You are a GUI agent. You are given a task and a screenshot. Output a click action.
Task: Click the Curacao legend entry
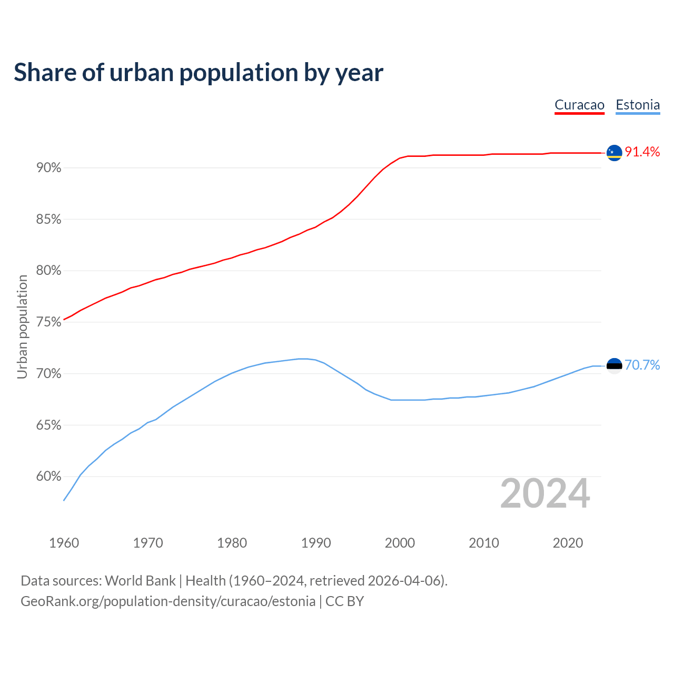[579, 105]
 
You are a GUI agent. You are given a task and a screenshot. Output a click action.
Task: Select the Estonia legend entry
[638, 105]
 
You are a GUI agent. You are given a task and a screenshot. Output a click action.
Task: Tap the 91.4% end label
[642, 152]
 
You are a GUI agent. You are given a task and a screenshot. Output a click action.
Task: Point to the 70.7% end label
[642, 365]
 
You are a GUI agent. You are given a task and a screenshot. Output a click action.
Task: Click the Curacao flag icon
[614, 153]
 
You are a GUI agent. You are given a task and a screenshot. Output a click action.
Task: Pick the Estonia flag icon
[614, 365]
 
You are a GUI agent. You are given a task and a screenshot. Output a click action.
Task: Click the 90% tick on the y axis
[49, 168]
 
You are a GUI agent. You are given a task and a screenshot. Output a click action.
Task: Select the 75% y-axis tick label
[49, 322]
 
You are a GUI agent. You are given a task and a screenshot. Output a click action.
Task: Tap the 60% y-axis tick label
[49, 477]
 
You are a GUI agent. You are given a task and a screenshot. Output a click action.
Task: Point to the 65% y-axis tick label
[49, 425]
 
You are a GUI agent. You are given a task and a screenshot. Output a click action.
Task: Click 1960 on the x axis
[64, 543]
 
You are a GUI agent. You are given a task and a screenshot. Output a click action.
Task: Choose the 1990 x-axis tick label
[316, 543]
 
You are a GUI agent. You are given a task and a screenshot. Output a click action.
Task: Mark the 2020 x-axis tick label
[568, 543]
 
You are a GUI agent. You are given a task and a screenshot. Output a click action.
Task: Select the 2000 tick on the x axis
[400, 543]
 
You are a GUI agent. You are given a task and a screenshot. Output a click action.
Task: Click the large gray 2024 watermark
[545, 493]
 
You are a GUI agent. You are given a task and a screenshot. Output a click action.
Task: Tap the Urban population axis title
[22, 327]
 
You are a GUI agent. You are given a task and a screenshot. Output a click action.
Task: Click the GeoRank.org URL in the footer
[168, 601]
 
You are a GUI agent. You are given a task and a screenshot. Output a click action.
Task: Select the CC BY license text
[345, 601]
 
